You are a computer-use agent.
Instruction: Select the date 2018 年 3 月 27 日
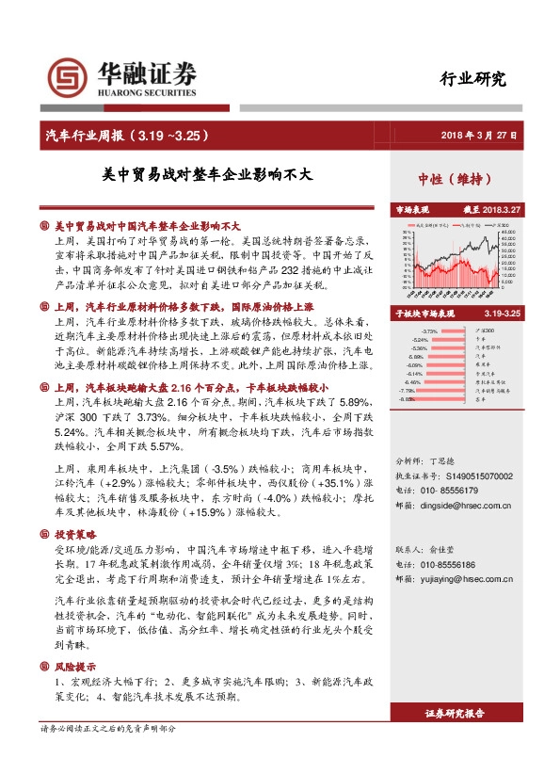[x=480, y=136]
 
